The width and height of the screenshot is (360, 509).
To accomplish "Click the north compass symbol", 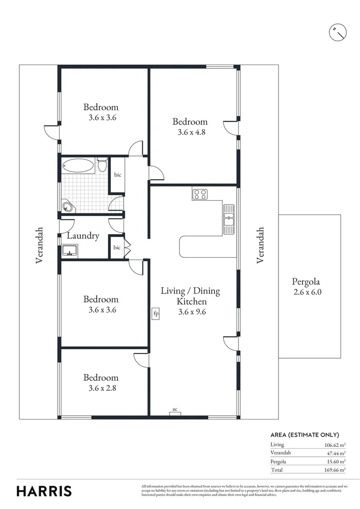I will pyautogui.click(x=337, y=32).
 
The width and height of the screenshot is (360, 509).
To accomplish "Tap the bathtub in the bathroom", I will pyautogui.click(x=78, y=166).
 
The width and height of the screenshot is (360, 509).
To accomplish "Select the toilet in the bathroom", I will pyautogui.click(x=102, y=165).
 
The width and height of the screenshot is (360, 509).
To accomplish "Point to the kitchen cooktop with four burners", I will pyautogui.click(x=200, y=194).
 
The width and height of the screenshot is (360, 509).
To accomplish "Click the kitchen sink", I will pyautogui.click(x=229, y=218).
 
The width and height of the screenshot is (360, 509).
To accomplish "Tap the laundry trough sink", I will pyautogui.click(x=70, y=251).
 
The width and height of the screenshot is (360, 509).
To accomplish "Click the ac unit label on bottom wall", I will pyautogui.click(x=175, y=410).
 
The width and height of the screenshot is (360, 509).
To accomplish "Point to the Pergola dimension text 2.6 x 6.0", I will pyautogui.click(x=309, y=292).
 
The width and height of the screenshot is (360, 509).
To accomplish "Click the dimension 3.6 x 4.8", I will pyautogui.click(x=191, y=132).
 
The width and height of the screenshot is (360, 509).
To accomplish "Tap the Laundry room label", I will pyautogui.click(x=83, y=236).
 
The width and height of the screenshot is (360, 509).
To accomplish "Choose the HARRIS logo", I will pyautogui.click(x=44, y=491).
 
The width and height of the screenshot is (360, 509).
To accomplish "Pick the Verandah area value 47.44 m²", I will pyautogui.click(x=335, y=453).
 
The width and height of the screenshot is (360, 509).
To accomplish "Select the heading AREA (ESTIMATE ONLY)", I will pyautogui.click(x=305, y=435).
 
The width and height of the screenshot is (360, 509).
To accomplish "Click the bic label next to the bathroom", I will pyautogui.click(x=117, y=175).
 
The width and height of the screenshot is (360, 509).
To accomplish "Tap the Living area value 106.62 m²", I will pyautogui.click(x=335, y=444).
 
